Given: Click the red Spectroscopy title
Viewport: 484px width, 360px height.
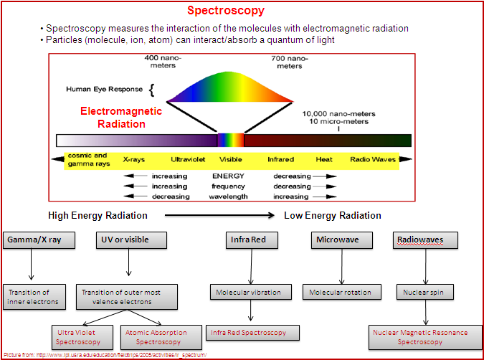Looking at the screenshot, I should tap(225, 11).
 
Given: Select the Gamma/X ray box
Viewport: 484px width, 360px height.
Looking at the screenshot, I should tap(39, 240).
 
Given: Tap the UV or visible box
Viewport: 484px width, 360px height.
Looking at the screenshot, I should tap(131, 240).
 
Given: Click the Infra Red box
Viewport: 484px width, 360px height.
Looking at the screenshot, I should tap(250, 240).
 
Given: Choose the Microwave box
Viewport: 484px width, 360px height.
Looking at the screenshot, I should tap(343, 240).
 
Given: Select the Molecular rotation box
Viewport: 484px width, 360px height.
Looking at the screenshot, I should tap(341, 292).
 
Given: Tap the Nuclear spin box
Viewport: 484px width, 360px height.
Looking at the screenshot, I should tap(424, 292).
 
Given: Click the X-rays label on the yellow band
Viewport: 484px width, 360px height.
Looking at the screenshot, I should tap(135, 159).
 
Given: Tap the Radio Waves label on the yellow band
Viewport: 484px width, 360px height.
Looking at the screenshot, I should tap(372, 159).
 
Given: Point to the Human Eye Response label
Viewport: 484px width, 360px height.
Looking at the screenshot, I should tap(105, 90).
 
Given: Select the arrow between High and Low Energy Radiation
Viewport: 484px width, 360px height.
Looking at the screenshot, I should tap(219, 215).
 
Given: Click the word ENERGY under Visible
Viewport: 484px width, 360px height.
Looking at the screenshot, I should tap(228, 176).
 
